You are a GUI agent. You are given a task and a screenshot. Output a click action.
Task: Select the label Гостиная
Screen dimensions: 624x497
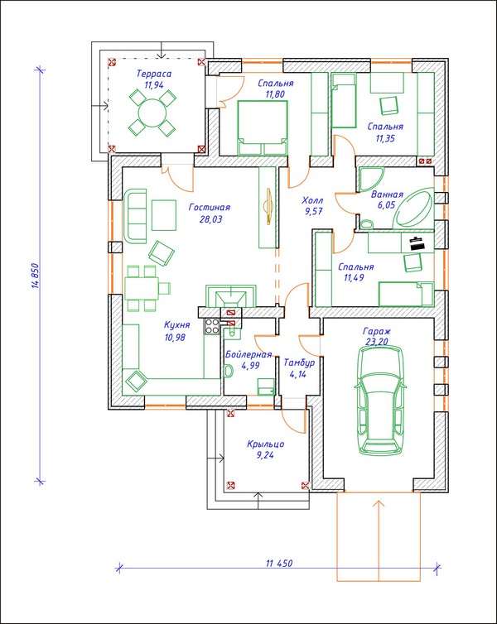point(209,208)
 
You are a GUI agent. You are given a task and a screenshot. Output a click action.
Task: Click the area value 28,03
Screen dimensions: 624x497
point(209,219)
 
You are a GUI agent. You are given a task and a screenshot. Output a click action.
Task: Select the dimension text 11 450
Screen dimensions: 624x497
point(279,564)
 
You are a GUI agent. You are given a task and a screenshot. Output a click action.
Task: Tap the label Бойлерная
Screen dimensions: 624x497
point(248,353)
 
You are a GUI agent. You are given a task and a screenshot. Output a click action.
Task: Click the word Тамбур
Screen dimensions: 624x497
point(298,362)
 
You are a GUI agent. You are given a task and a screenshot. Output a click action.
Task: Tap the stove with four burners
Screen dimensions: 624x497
point(211,326)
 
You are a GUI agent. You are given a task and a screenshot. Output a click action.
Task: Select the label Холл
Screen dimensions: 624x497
point(312,200)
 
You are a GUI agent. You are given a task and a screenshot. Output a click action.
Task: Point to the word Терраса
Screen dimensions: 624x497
point(155,74)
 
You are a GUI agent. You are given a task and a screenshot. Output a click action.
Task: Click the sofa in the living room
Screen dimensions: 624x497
point(136,213)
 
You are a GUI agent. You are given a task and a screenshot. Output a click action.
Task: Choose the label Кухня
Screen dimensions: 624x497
point(177,325)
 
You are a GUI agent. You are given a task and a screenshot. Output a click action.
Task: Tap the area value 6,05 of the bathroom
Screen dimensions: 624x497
point(387,204)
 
